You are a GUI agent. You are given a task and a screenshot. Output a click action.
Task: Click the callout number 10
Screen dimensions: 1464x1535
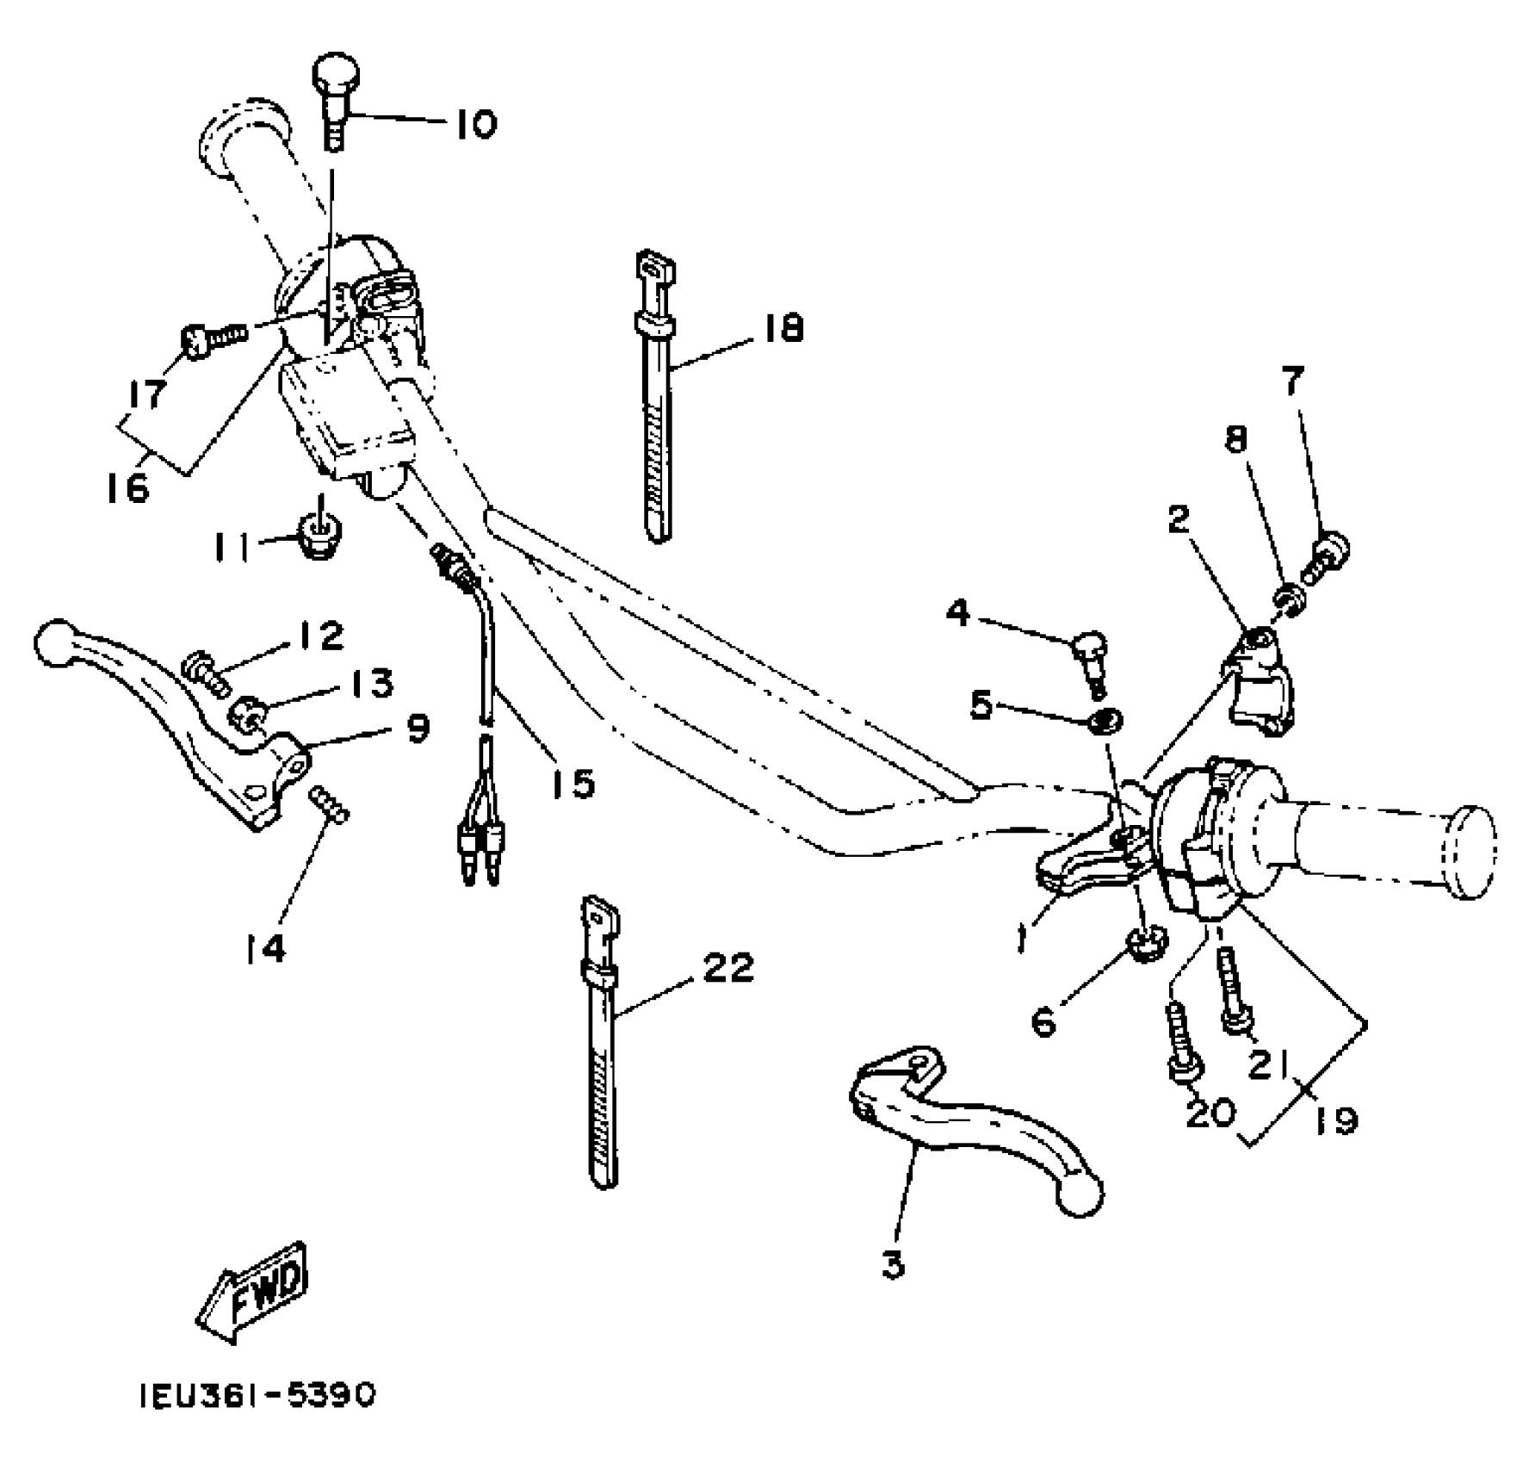476,125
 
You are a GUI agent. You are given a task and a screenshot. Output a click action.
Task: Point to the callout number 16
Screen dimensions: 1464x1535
128,488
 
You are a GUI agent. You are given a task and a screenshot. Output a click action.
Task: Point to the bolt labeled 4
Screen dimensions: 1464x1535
1090,655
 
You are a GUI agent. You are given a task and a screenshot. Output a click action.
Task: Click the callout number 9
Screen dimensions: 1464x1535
418,729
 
